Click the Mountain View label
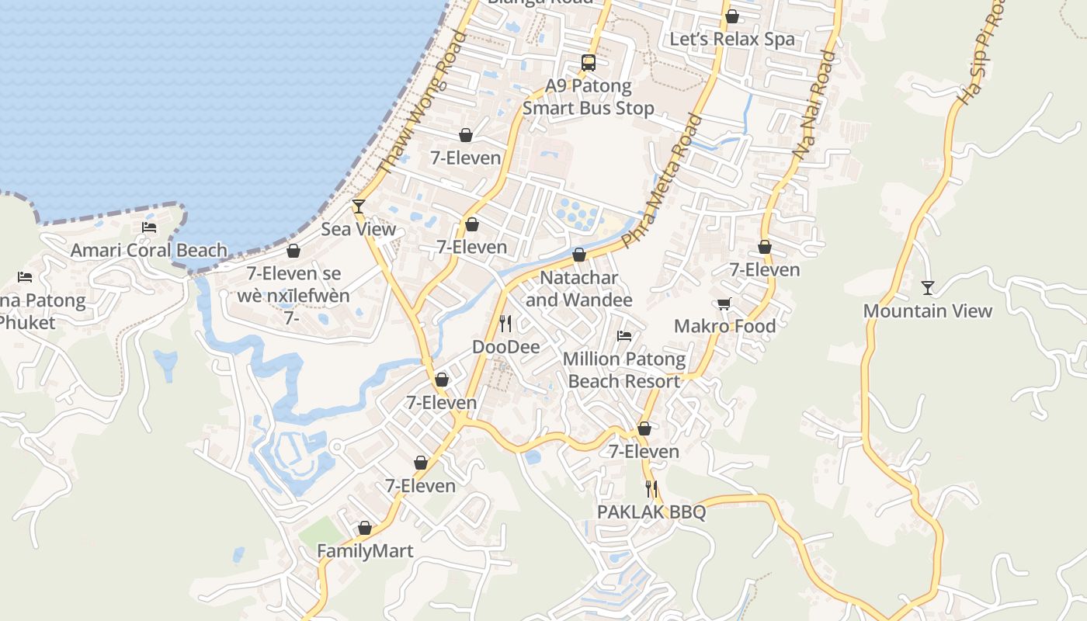click(928, 311)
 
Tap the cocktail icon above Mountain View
click(928, 288)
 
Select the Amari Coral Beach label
click(149, 251)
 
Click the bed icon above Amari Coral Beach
click(149, 227)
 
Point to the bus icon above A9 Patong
click(589, 63)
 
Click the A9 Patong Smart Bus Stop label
click(589, 97)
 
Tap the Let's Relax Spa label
click(732, 40)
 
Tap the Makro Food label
click(724, 326)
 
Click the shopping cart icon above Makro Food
click(724, 304)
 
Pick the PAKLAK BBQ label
click(651, 512)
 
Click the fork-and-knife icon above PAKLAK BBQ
click(651, 489)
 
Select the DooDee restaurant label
click(505, 347)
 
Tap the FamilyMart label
click(365, 551)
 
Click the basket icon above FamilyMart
click(365, 529)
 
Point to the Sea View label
click(359, 229)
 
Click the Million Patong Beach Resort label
click(624, 370)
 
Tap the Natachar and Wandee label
click(579, 289)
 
